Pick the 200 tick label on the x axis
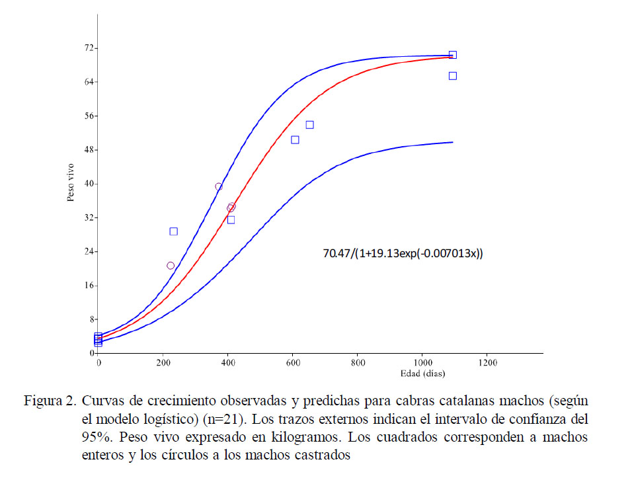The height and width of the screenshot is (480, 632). [163, 363]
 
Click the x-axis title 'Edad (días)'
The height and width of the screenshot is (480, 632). [422, 373]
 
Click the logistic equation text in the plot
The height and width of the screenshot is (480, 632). [403, 253]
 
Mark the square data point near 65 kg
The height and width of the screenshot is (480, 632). [453, 76]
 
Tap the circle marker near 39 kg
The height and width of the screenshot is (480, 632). [219, 186]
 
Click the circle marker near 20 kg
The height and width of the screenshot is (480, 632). [171, 266]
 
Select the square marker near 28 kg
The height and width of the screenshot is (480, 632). [173, 231]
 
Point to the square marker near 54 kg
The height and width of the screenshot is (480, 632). [309, 124]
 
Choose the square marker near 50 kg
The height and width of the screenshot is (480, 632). [295, 140]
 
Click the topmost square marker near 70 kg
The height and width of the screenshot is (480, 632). [453, 55]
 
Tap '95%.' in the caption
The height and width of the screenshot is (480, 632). [96, 437]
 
